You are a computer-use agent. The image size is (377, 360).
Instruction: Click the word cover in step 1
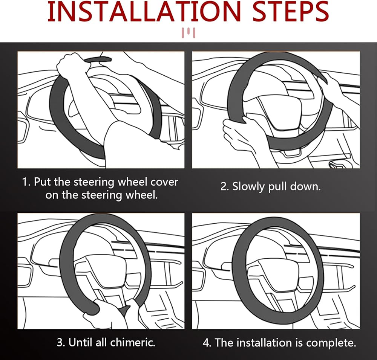[164, 182]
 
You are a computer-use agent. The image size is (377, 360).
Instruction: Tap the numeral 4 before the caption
[207, 342]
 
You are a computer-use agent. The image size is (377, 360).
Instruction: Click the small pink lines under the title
[188, 33]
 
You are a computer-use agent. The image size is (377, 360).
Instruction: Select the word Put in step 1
[42, 182]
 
